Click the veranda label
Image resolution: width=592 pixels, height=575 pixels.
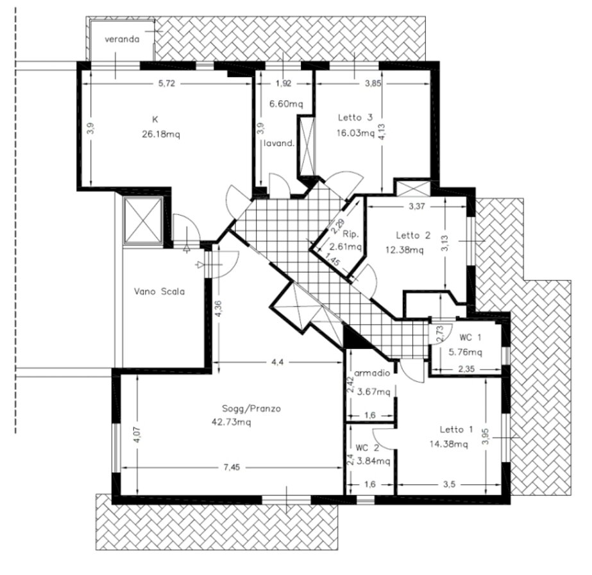pyautogui.click(x=122, y=39)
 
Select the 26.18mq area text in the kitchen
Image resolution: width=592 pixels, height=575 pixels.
pyautogui.click(x=161, y=134)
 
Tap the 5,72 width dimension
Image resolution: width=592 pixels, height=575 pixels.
pyautogui.click(x=167, y=83)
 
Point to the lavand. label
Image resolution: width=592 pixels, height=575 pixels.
pyautogui.click(x=278, y=143)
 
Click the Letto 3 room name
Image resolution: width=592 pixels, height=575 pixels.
pyautogui.click(x=355, y=117)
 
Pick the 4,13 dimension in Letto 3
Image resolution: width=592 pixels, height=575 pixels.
pyautogui.click(x=382, y=132)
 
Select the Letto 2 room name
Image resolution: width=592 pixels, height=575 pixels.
pyautogui.click(x=413, y=236)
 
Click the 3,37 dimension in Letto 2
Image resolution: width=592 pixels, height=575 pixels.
pyautogui.click(x=417, y=207)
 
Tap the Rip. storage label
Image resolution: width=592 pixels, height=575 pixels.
pyautogui.click(x=351, y=235)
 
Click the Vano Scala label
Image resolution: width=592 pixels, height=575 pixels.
pyautogui.click(x=159, y=291)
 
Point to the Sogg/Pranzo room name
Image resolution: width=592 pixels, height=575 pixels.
pyautogui.click(x=251, y=408)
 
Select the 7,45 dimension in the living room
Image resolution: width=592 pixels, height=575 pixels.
pyautogui.click(x=232, y=467)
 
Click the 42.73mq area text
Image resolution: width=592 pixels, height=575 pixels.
pyautogui.click(x=232, y=422)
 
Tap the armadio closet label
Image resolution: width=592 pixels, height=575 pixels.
pyautogui.click(x=372, y=373)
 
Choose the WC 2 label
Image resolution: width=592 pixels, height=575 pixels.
pyautogui.click(x=368, y=448)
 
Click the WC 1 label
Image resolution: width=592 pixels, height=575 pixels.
pyautogui.click(x=470, y=338)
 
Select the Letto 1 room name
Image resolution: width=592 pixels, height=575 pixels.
pyautogui.click(x=456, y=429)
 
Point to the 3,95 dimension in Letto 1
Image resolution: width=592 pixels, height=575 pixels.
pyautogui.click(x=486, y=436)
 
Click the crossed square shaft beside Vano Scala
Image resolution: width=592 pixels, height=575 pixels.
pyautogui.click(x=143, y=220)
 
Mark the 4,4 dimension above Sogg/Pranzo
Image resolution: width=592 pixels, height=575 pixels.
pyautogui.click(x=278, y=362)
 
